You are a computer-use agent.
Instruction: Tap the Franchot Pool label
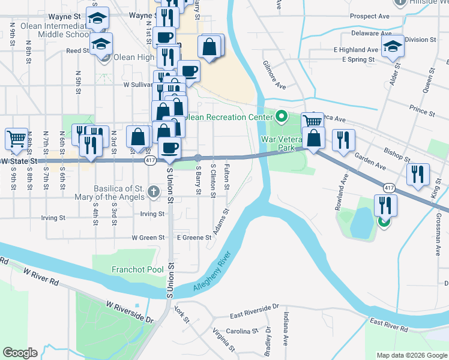click(x=137, y=269)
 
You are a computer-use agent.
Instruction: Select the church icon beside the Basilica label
click(x=154, y=191)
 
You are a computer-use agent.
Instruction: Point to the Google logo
click(x=20, y=353)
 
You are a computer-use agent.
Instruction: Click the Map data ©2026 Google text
click(x=412, y=355)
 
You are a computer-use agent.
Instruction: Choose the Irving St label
click(x=152, y=214)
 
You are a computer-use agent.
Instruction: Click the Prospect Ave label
click(x=370, y=16)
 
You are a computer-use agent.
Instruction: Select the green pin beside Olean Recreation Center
click(x=280, y=116)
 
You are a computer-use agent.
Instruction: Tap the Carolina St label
click(x=242, y=331)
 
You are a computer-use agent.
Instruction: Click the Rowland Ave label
click(x=345, y=192)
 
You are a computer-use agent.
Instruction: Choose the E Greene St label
click(x=194, y=238)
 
